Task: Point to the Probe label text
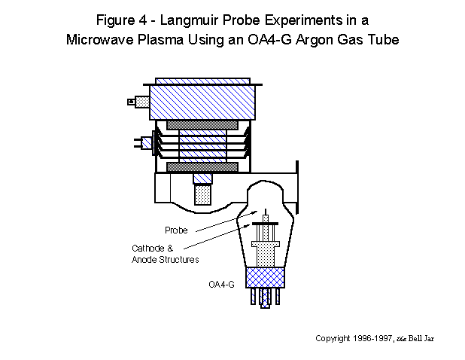point(175,230)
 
